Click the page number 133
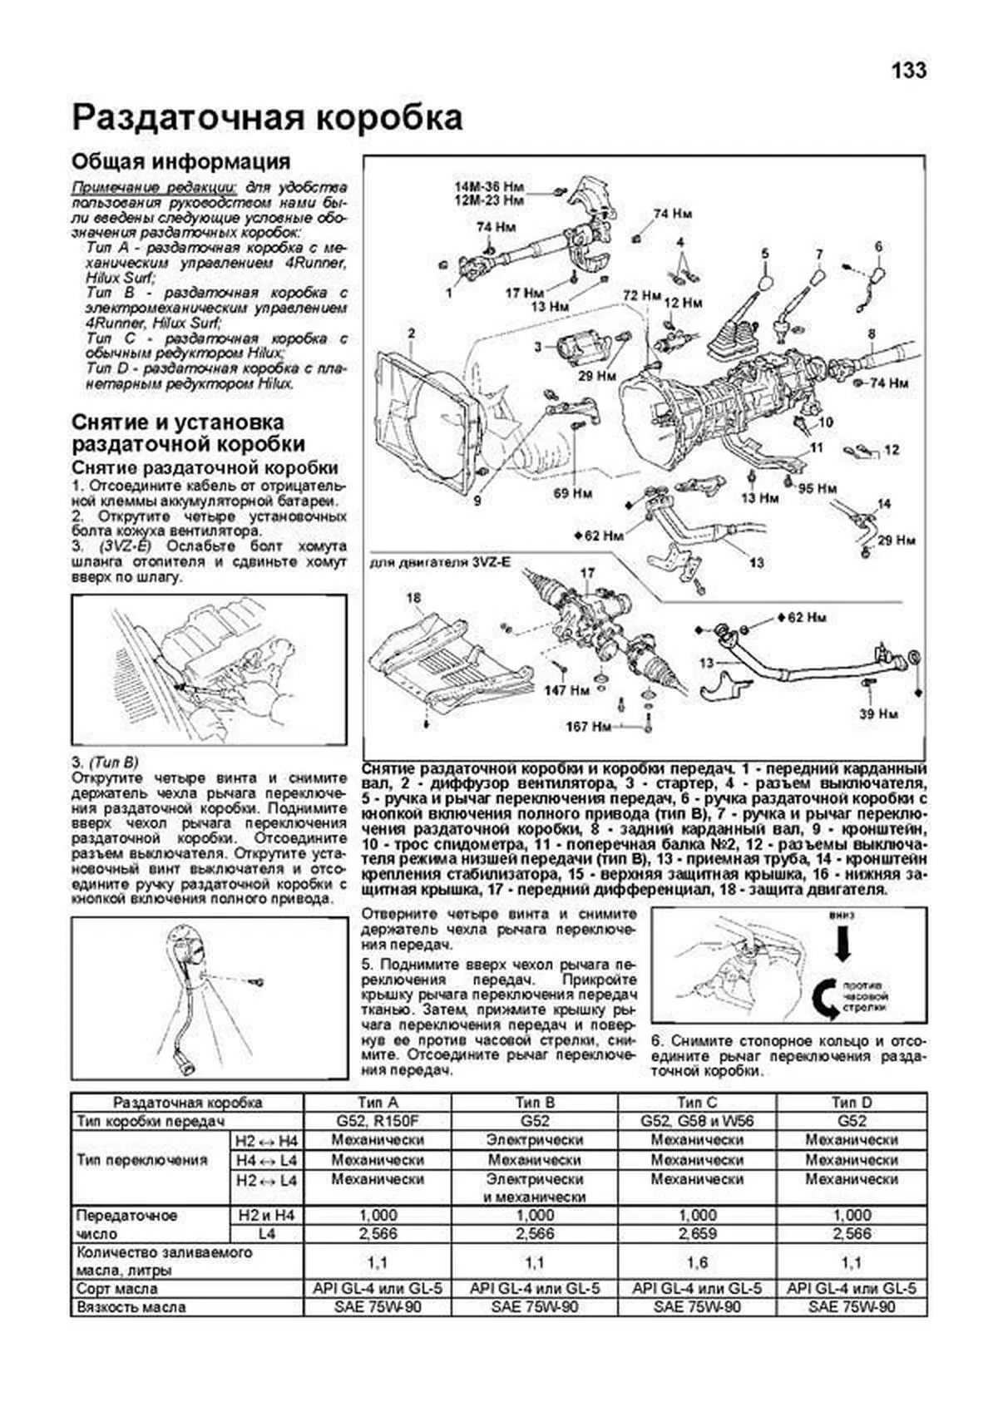click(x=909, y=71)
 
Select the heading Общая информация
click(x=180, y=161)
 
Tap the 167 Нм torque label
click(x=589, y=727)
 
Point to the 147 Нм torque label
click(x=567, y=689)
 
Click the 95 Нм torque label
click(x=817, y=488)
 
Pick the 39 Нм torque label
click(x=877, y=713)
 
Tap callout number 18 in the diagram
click(x=413, y=598)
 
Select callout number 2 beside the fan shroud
click(x=411, y=335)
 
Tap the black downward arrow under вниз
click(x=841, y=944)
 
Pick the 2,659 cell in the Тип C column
click(x=697, y=1234)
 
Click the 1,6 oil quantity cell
click(x=697, y=1262)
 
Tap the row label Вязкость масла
click(x=131, y=1307)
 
